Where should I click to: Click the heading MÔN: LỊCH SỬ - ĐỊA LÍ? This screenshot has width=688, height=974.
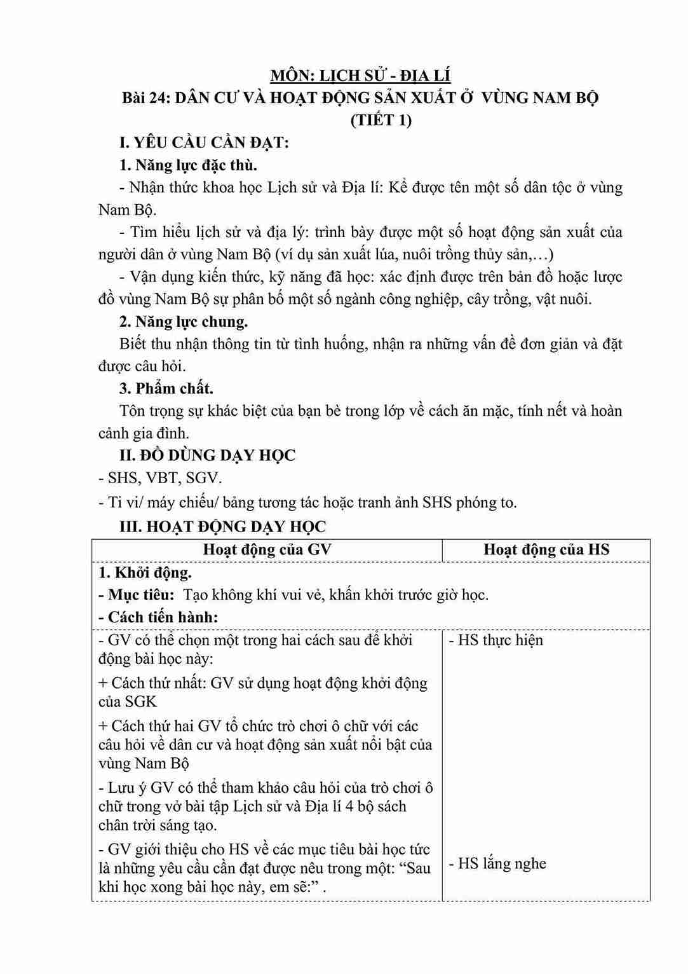click(x=360, y=76)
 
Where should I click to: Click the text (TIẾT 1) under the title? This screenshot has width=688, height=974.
click(x=381, y=120)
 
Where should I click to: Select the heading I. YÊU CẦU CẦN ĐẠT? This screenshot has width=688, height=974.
click(x=204, y=142)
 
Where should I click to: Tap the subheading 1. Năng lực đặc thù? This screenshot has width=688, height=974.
click(x=188, y=165)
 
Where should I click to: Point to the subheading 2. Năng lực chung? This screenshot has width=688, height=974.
click(x=184, y=322)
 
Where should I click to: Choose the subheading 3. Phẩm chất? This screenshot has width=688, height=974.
click(x=166, y=388)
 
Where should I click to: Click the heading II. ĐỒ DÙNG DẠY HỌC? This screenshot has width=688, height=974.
click(x=207, y=455)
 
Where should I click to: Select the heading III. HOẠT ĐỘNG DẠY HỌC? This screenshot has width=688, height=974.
click(x=222, y=526)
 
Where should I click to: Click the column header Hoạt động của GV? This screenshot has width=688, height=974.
click(x=267, y=550)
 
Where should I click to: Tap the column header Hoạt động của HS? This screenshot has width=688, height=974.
click(x=546, y=550)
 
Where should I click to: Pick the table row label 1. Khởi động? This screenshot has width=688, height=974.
click(x=145, y=573)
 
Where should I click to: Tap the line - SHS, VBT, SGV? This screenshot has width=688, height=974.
click(x=160, y=478)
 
